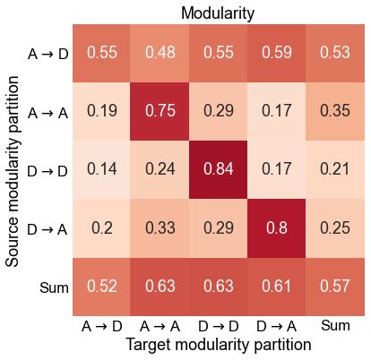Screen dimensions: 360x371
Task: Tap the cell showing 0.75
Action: point(160,111)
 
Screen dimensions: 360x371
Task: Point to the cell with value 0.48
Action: point(160,53)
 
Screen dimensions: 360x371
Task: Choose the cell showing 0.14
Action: point(101,169)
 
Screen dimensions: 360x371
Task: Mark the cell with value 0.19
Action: point(101,111)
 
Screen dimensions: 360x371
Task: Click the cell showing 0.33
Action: point(160,227)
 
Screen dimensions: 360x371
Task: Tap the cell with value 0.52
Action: point(101,286)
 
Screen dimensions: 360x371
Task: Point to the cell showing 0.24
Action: point(160,169)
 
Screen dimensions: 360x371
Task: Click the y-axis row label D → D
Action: point(45,170)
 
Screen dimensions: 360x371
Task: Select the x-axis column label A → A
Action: point(160,326)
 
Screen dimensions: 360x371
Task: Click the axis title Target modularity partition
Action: point(218,345)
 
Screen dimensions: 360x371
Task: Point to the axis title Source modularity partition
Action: point(13,170)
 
